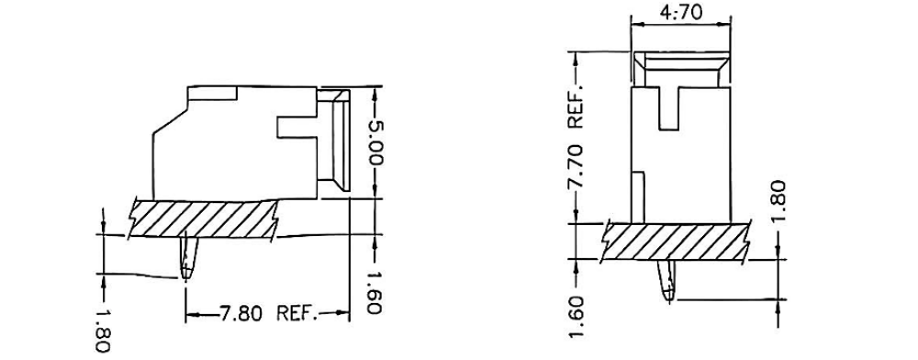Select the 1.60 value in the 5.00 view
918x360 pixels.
pyautogui.click(x=374, y=293)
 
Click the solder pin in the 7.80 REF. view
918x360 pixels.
pyautogui.click(x=189, y=260)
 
